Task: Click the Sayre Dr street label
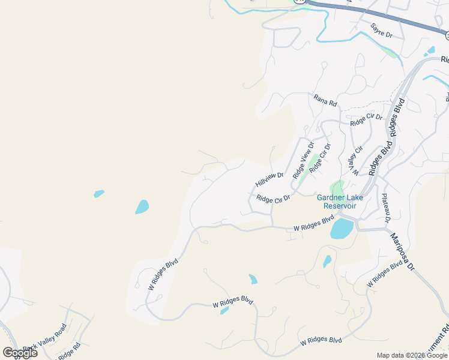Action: pos(381,30)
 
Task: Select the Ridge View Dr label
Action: pos(303,160)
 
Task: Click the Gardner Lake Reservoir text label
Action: pos(337,202)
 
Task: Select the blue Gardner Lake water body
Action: pos(341,229)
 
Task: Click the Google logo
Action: pos(20,352)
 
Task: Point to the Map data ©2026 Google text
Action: pos(412,355)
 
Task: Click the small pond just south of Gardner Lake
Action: pos(327,262)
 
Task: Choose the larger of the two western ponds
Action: pos(142,207)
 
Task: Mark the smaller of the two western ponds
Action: pos(99,194)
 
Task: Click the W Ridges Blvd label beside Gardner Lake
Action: pos(313,224)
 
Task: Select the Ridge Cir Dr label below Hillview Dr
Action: pos(273,198)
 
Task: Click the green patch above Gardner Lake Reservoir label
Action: pos(337,187)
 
